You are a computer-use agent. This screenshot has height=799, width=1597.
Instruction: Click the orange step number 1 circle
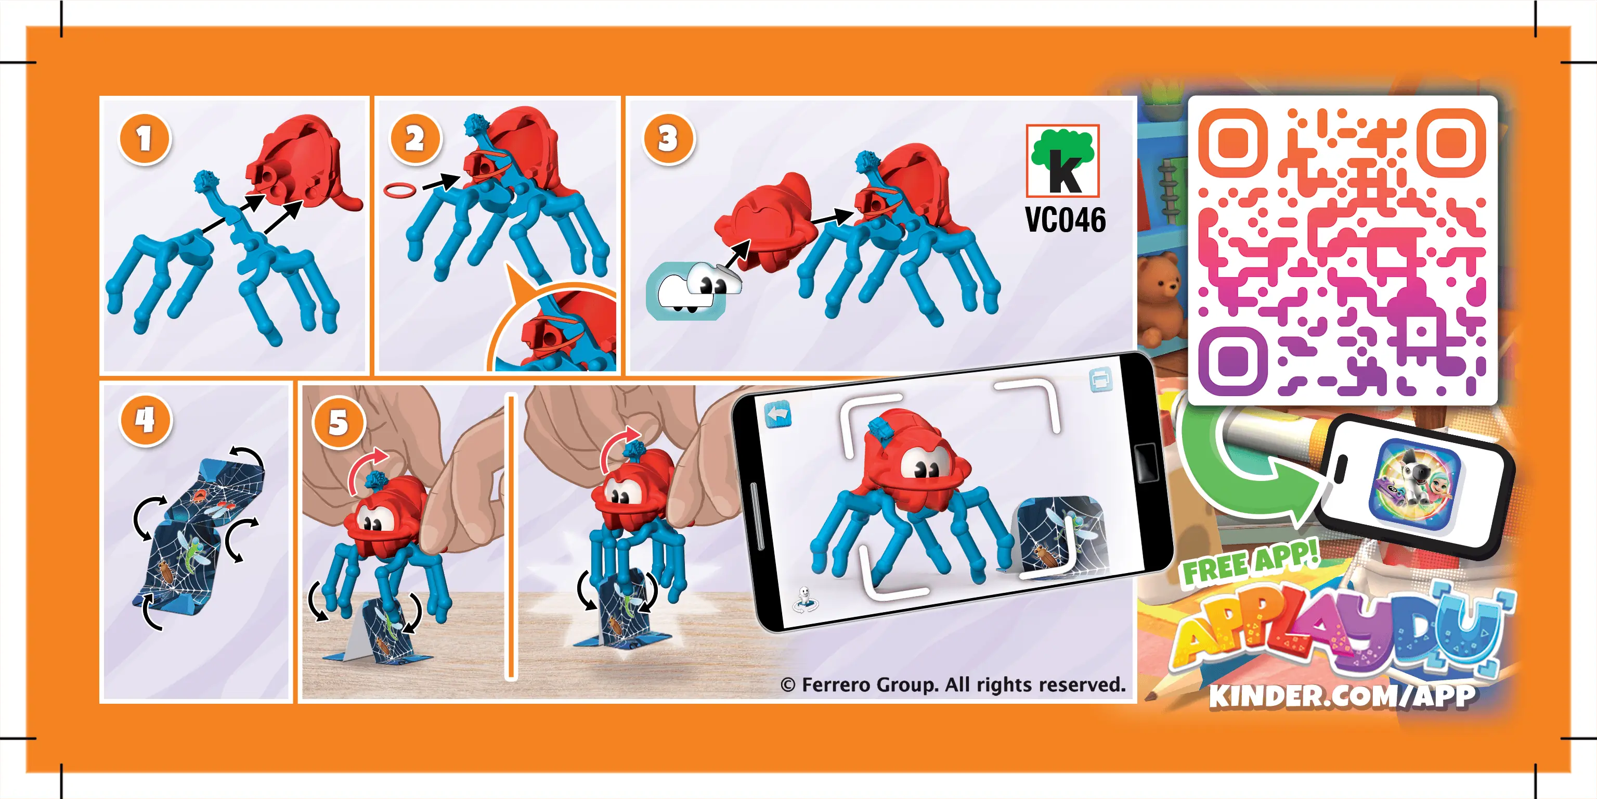click(x=145, y=138)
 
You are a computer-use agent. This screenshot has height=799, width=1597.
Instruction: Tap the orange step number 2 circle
click(x=415, y=138)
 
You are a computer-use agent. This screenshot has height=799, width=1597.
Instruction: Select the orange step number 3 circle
click(x=668, y=138)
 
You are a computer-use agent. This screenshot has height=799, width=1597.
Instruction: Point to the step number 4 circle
click(x=146, y=420)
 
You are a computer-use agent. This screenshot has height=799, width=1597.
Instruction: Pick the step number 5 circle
click(x=338, y=423)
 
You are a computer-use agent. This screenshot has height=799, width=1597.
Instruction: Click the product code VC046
click(x=1064, y=220)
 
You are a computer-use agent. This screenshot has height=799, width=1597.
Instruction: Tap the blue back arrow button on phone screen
click(x=777, y=414)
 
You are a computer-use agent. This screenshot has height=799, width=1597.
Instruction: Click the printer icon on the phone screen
click(x=1100, y=379)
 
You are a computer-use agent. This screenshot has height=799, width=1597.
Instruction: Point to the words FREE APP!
click(x=1249, y=563)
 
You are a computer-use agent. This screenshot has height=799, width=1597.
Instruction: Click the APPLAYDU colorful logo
click(x=1339, y=633)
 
